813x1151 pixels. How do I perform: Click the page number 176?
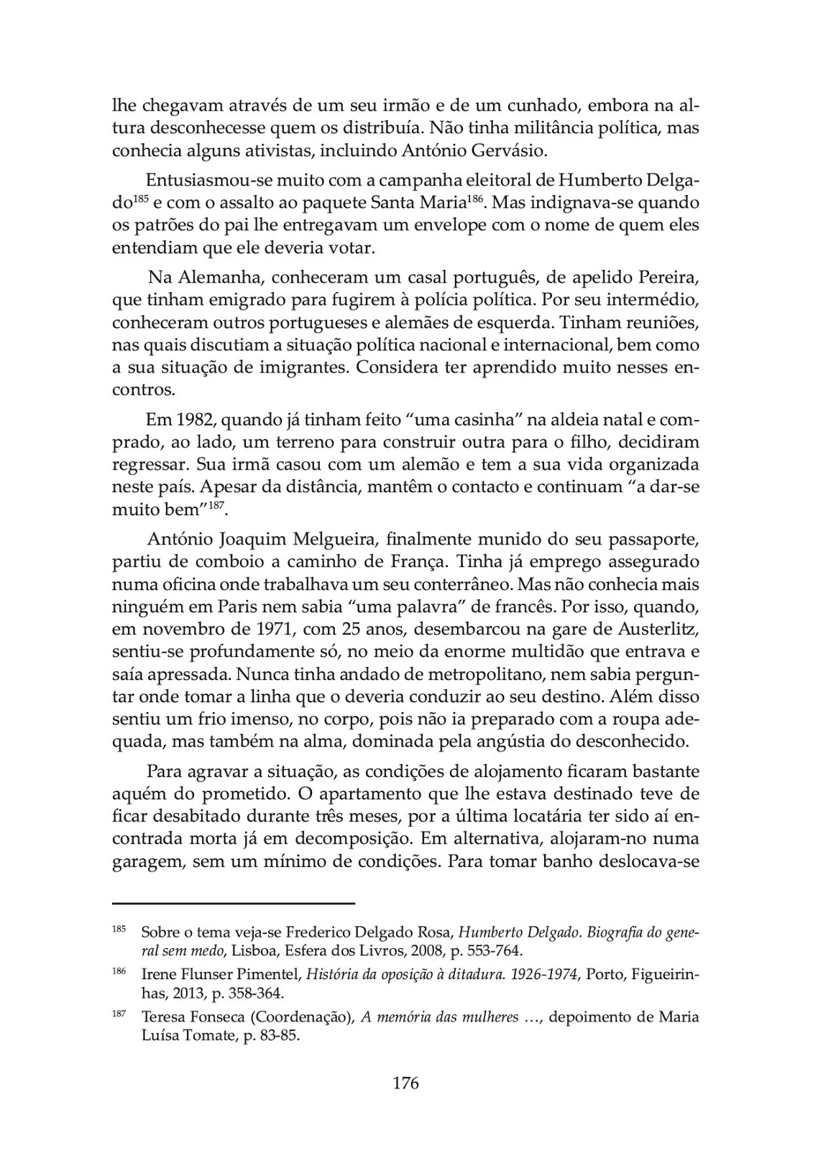pos(405,1083)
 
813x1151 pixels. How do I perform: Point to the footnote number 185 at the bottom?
pos(119,929)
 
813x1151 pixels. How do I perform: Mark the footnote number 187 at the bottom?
pos(119,1014)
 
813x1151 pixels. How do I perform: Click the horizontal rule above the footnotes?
pos(234,902)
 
